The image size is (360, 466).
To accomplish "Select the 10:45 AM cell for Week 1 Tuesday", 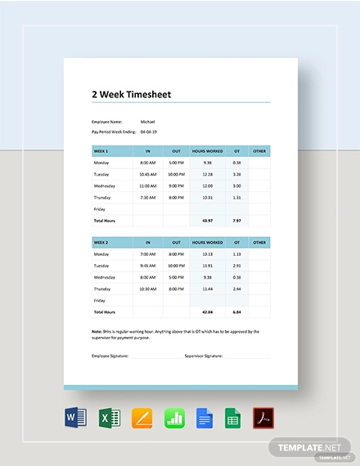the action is pyautogui.click(x=148, y=174).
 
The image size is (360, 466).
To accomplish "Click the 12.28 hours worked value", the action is pyautogui.click(x=207, y=174).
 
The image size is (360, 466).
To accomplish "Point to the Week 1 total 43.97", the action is pyautogui.click(x=207, y=220).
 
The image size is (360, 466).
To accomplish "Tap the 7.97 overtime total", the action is pyautogui.click(x=236, y=220).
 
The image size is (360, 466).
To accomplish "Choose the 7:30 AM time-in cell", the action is pyautogui.click(x=148, y=197).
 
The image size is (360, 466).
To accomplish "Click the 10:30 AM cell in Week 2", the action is pyautogui.click(x=148, y=289).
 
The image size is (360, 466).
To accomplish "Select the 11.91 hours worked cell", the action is pyautogui.click(x=207, y=267).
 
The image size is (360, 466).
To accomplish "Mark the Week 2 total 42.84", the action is pyautogui.click(x=207, y=312).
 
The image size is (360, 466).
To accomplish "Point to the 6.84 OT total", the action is pyautogui.click(x=236, y=312).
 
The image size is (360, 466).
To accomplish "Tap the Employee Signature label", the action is pyautogui.click(x=110, y=356).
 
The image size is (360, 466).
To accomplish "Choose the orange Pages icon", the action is pyautogui.click(x=140, y=420).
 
